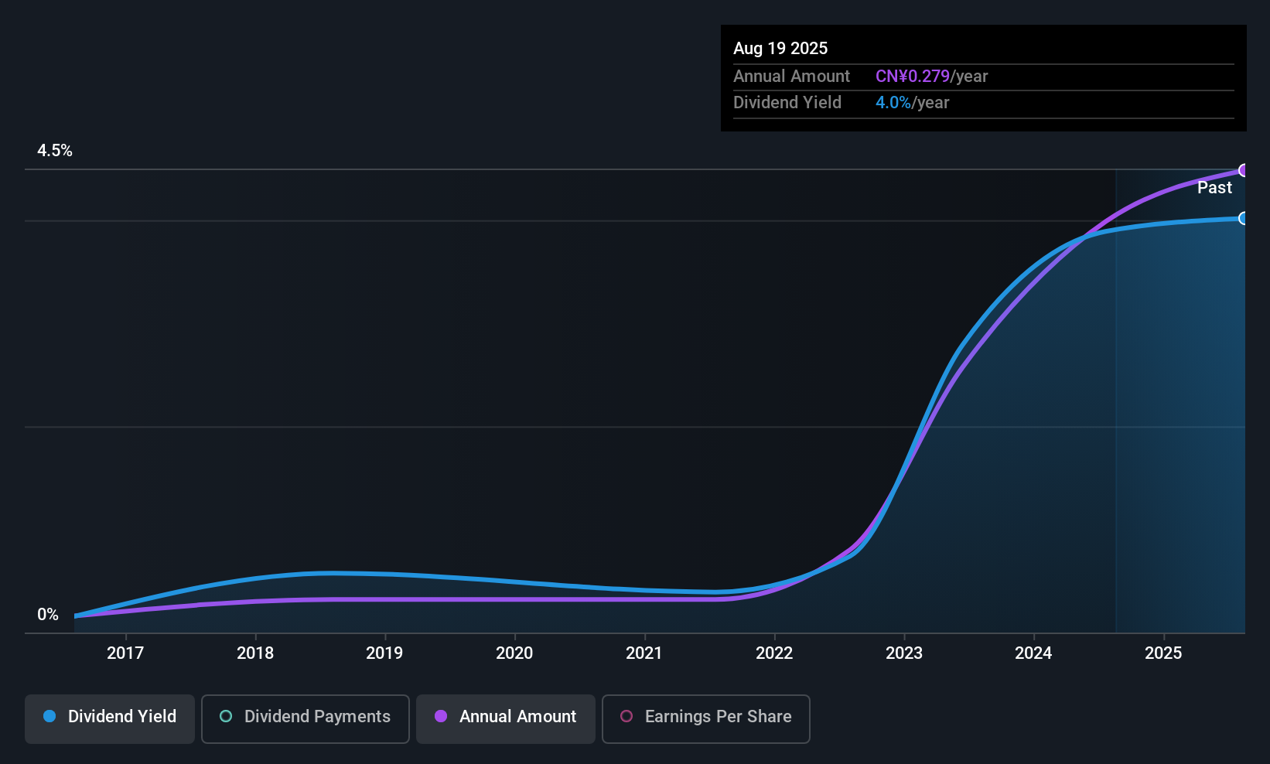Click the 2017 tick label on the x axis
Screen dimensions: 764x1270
pos(125,653)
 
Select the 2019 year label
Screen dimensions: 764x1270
pos(384,653)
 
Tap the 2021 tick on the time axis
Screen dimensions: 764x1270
pos(644,653)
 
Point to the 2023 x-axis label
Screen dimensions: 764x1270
pos(903,653)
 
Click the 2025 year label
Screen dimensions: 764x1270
pos(1162,653)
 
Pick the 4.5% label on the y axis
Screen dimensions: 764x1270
pos(55,151)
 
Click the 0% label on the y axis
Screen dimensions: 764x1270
pos(48,615)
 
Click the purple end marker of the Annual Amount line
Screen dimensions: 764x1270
pos(1243,170)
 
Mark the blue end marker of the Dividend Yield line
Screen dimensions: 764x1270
pos(1243,219)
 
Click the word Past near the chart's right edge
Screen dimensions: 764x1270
pos(1214,188)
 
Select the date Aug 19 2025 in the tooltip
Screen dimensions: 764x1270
pos(780,49)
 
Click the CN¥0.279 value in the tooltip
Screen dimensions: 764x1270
pos(912,77)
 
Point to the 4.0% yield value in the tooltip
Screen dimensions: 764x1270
pos(893,103)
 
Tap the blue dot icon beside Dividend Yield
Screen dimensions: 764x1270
pos(50,717)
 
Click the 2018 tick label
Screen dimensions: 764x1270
pos(255,653)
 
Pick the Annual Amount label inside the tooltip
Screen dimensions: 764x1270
pos(791,77)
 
